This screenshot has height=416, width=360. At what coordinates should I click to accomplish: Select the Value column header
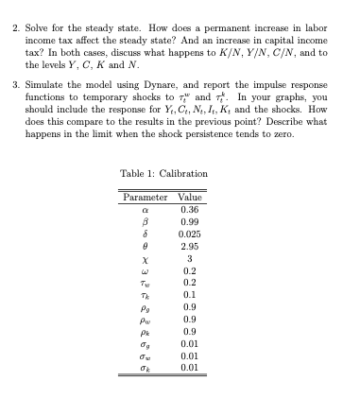click(x=189, y=196)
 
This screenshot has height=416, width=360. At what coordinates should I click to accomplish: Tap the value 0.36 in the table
click(x=189, y=209)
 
